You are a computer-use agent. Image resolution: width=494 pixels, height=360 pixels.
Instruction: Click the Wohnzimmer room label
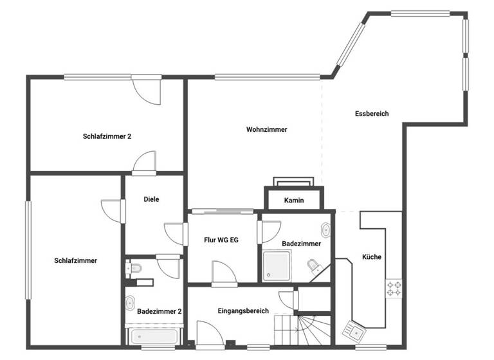[x=266, y=129]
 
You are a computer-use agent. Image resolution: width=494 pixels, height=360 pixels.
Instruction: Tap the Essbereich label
[x=372, y=114]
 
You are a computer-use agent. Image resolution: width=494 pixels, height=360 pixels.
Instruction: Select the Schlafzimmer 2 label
[x=107, y=136]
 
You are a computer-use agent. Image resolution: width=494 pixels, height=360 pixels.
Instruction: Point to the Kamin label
[x=294, y=201]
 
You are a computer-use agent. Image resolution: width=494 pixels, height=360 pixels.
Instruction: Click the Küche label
[x=372, y=256]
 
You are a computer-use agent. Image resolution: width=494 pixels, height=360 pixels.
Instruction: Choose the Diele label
[x=151, y=199]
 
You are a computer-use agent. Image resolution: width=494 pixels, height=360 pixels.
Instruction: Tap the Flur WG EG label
[x=221, y=239]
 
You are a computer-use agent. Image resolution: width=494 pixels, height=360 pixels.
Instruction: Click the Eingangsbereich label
[x=243, y=310]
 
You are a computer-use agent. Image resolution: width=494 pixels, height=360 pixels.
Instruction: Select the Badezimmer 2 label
[x=160, y=311]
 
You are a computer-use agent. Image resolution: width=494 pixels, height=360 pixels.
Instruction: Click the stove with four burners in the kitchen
[x=394, y=289]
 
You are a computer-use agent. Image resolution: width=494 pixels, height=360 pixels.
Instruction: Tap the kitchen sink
[x=356, y=330]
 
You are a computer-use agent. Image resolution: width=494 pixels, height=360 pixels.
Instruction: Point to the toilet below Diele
[x=134, y=269]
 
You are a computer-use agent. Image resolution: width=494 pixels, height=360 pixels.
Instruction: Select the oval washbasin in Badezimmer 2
[x=131, y=303]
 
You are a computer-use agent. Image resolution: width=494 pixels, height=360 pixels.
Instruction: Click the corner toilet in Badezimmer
[x=314, y=266]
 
